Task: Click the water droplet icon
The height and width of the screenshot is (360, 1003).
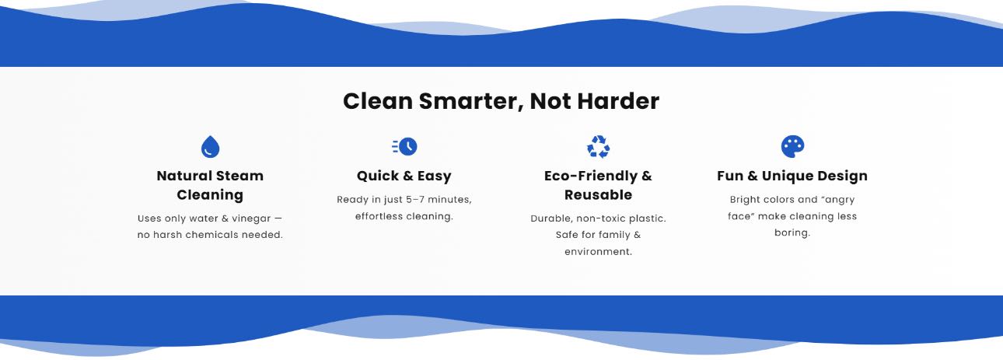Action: [x=210, y=146]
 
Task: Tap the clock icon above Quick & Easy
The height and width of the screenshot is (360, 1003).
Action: [x=405, y=146]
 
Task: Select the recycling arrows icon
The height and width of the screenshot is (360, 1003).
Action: [x=598, y=147]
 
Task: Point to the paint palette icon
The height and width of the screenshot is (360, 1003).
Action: [x=792, y=146]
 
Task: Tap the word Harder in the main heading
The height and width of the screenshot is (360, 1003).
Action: [x=618, y=101]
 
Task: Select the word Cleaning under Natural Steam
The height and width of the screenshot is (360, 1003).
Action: [x=210, y=195]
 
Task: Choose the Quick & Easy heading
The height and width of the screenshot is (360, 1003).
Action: [x=404, y=176]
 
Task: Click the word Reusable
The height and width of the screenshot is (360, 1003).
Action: [x=598, y=195]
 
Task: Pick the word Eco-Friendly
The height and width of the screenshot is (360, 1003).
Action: [x=591, y=176]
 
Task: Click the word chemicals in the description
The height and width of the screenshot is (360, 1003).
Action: [x=211, y=235]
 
